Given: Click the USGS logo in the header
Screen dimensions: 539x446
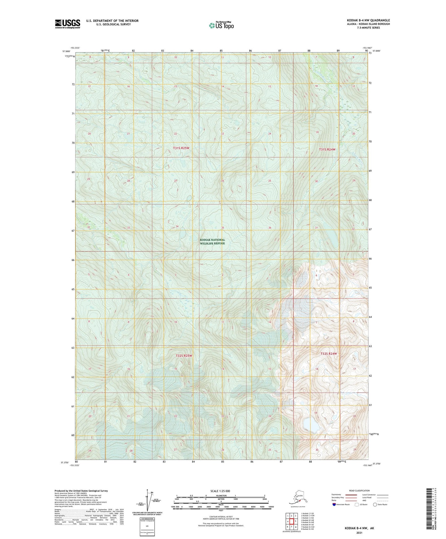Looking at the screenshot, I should [68, 24].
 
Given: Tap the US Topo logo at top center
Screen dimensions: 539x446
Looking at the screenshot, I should [221, 25].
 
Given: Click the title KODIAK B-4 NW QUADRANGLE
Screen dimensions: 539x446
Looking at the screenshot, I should [368, 20].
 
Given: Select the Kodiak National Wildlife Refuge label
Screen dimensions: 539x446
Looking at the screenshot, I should [212, 241].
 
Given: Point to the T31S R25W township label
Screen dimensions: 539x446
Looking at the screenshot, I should [181, 148].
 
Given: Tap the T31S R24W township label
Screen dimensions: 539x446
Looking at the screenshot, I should [327, 149].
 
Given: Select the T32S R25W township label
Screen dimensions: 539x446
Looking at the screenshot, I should [184, 356].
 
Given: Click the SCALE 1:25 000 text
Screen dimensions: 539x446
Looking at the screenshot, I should [220, 491].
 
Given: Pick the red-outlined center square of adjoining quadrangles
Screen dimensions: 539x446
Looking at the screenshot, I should [291, 521].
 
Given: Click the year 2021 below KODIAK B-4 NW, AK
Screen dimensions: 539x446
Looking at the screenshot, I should [359, 533].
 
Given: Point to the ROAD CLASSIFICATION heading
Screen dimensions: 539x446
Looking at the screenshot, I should [359, 491].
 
